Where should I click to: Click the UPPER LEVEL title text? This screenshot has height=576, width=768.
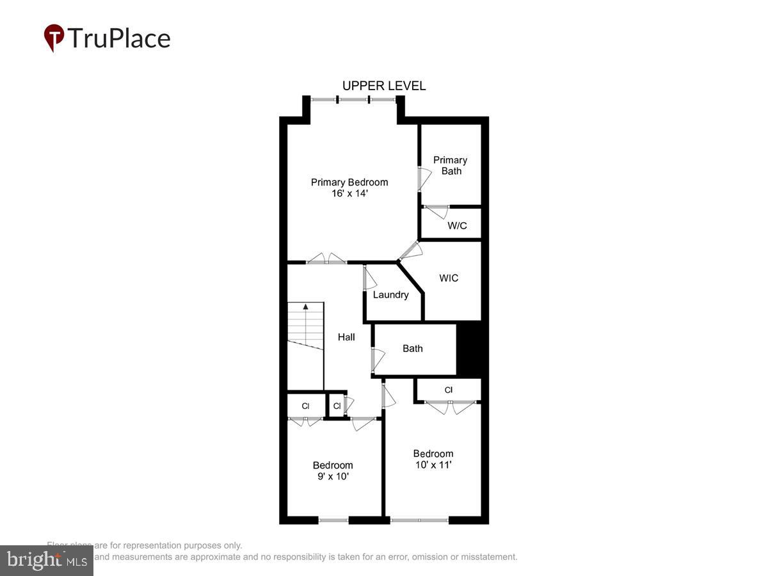384,86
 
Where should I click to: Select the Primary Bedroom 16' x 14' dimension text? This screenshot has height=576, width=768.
349,193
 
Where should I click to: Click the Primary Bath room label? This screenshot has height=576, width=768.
451,165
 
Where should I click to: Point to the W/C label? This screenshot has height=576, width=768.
457,226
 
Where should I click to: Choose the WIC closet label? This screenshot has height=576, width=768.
449,278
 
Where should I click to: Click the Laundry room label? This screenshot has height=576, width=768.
390,295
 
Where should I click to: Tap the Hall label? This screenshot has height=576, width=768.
346,337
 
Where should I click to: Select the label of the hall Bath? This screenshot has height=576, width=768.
413,349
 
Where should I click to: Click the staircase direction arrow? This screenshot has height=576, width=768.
306,307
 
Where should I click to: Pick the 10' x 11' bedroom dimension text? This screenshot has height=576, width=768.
434,465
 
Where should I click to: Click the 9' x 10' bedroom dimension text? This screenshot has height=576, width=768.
333,477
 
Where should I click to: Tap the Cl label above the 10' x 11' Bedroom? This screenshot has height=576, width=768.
449,390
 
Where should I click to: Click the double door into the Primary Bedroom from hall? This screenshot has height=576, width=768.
326,259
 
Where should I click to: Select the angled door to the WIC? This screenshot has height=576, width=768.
410,250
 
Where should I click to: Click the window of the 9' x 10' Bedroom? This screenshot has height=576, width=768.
333,520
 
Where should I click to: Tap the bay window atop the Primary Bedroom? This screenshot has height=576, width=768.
353,100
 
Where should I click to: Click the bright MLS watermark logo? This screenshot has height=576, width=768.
46,561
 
